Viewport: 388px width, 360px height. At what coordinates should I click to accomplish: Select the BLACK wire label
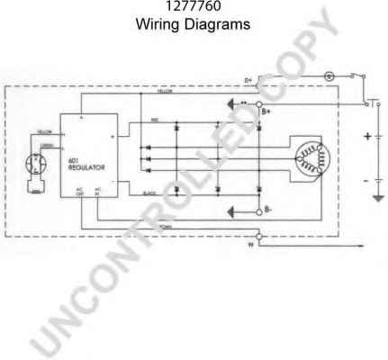(150, 192)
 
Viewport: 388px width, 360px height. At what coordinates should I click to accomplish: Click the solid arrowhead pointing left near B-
(232, 212)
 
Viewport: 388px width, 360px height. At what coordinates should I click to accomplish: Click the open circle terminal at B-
(258, 212)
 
